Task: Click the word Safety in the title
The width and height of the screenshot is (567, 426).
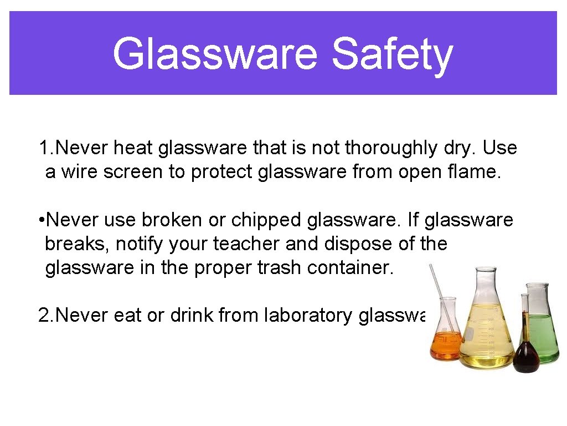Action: point(392,54)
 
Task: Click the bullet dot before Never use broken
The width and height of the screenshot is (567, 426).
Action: point(42,220)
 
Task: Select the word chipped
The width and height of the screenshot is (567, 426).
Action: point(266,220)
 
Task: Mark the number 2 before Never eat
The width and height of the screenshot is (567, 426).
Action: point(44,315)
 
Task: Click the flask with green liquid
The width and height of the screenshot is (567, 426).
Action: point(543,336)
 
